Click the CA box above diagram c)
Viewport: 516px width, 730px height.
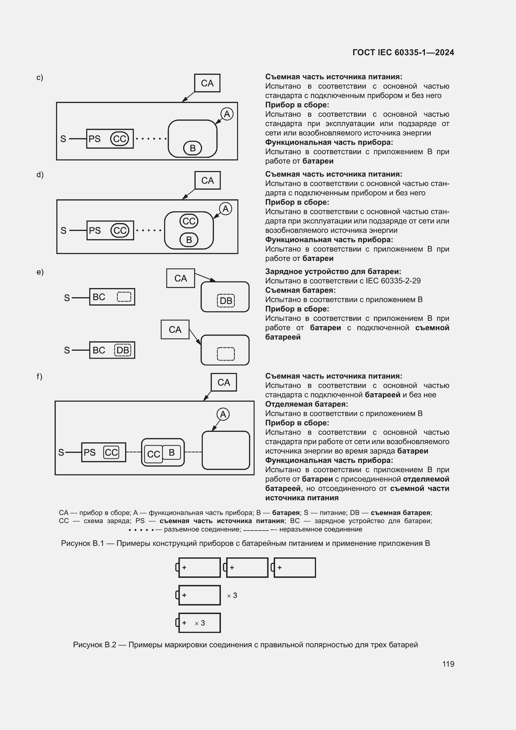[207, 83]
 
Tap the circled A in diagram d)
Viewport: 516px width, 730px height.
[226, 209]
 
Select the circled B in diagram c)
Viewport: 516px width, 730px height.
[192, 148]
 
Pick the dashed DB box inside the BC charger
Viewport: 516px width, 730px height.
[123, 350]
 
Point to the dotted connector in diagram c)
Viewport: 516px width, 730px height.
[151, 139]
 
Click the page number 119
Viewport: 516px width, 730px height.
[448, 664]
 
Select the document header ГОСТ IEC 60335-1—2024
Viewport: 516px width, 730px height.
[403, 52]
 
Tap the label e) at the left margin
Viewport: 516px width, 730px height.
[40, 272]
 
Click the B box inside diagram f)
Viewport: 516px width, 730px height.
[172, 452]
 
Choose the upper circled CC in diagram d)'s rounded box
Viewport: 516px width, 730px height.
[189, 221]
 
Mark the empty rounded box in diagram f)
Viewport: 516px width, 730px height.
[226, 450]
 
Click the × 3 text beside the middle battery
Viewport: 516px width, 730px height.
[232, 595]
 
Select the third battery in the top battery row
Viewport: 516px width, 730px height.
[295, 567]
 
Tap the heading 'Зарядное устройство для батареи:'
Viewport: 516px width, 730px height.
[333, 272]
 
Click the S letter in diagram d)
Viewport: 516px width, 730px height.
[64, 231]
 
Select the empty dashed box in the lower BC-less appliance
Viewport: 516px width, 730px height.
[226, 354]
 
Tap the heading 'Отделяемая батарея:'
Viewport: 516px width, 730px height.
[307, 404]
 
